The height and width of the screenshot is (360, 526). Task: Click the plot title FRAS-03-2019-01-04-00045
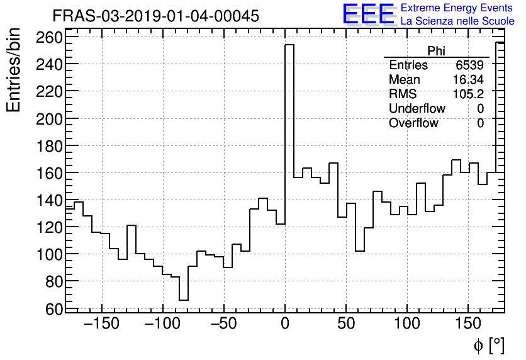click(x=155, y=16)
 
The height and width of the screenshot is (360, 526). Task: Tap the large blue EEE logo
click(x=368, y=14)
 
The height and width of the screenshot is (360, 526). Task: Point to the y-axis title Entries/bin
click(x=14, y=70)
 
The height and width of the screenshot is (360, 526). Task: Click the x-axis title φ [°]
click(x=488, y=345)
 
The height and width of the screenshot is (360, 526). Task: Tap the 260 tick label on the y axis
click(x=49, y=38)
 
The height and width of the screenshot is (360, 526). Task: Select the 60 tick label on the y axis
click(x=54, y=308)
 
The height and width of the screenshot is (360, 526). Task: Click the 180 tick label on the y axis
click(x=49, y=146)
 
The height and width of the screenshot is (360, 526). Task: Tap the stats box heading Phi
click(x=436, y=51)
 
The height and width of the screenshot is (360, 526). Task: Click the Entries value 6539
click(x=470, y=65)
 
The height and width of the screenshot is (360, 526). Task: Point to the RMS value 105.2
click(x=468, y=94)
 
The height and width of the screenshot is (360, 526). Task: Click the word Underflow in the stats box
click(x=417, y=109)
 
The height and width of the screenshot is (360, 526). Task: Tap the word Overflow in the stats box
click(x=413, y=123)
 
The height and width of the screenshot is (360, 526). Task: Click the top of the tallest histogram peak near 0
click(x=289, y=45)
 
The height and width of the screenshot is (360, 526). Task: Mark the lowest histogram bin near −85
click(x=184, y=300)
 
